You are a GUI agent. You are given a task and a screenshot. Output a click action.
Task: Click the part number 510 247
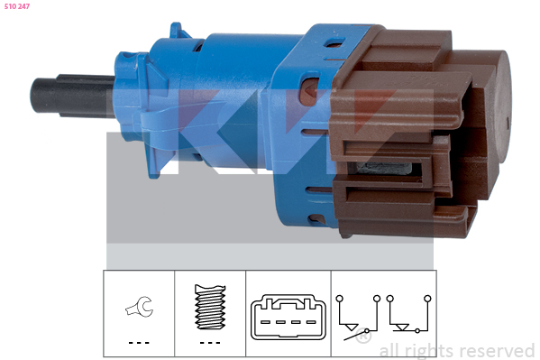click(17, 6)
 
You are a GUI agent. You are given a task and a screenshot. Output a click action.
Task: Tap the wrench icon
click(140, 307)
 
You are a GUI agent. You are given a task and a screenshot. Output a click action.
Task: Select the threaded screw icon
click(210, 307)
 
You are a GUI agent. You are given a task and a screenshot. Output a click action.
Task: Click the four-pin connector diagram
click(288, 318)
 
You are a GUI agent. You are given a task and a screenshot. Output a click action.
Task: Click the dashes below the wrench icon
click(139, 343)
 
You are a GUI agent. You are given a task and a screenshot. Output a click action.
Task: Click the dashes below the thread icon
click(210, 343)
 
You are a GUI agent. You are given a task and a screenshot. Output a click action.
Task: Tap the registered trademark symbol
click(363, 336)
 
